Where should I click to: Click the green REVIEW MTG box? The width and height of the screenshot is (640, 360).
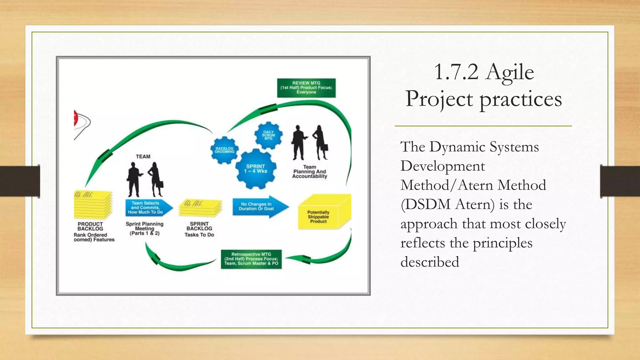coord(306,88)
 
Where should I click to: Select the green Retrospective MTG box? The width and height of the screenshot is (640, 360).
coord(251,259)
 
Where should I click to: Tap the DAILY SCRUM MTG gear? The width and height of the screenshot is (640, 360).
coord(268,135)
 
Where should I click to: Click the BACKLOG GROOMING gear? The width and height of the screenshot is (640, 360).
coord(224,150)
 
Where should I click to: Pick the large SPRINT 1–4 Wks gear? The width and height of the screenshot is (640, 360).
coord(256,169)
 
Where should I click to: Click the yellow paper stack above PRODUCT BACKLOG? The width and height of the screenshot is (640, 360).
coord(93,205)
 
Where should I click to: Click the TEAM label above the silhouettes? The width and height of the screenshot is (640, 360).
coord(143,157)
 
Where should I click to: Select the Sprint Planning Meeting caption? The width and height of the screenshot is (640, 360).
coord(145,228)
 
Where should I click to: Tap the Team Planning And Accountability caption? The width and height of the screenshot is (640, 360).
coord(310,172)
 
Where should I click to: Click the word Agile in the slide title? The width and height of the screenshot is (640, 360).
coord(510,72)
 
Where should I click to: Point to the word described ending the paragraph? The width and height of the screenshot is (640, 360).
coord(430,262)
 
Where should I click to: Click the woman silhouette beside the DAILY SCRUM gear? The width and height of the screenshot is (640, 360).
coord(320,142)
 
